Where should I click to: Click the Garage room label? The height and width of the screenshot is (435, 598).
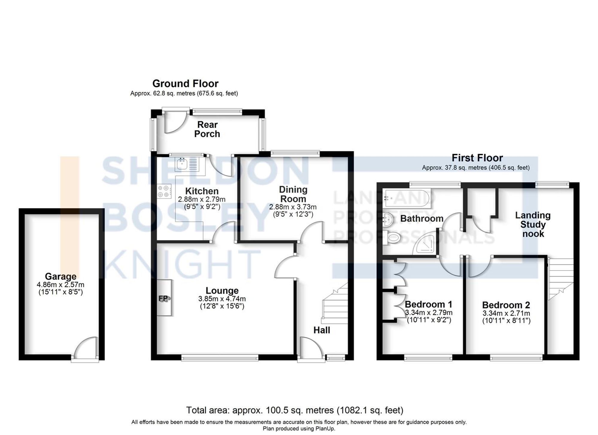[60, 276]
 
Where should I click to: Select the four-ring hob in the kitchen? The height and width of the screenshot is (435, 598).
[164, 191]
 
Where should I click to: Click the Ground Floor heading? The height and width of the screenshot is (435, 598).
[185, 83]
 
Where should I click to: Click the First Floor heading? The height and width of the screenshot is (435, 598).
[477, 158]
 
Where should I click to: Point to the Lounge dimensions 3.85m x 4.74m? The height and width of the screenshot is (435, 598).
[222, 299]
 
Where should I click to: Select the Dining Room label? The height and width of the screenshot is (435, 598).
[293, 194]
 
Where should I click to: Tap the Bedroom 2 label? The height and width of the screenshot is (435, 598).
[506, 305]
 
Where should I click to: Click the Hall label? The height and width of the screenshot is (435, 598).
[322, 330]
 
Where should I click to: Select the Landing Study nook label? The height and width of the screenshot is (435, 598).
[533, 225]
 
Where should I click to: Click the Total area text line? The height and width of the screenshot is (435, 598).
[295, 410]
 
